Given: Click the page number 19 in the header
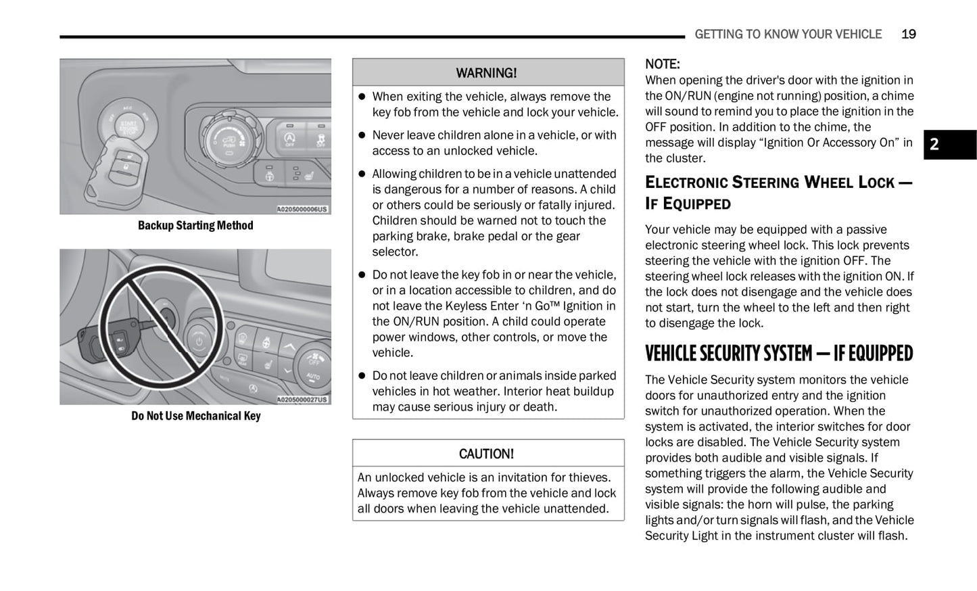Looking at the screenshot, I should click(908, 34).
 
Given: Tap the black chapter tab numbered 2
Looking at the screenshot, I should click(949, 145).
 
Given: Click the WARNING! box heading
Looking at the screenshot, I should click(487, 73).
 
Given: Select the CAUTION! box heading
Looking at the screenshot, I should click(487, 454).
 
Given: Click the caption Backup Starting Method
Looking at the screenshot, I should click(195, 226).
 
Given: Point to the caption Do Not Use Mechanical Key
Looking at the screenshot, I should click(195, 416).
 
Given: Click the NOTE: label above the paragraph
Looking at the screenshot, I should click(662, 64).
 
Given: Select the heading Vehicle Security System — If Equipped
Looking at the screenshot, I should click(778, 354).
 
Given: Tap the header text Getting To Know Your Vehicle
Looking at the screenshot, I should click(788, 34).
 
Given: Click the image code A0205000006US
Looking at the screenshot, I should click(302, 210).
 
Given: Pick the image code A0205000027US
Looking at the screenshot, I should click(302, 400).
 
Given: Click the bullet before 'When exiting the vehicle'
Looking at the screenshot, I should click(362, 97).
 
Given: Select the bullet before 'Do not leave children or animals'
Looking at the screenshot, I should click(362, 376).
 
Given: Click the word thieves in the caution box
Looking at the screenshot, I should click(591, 477).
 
